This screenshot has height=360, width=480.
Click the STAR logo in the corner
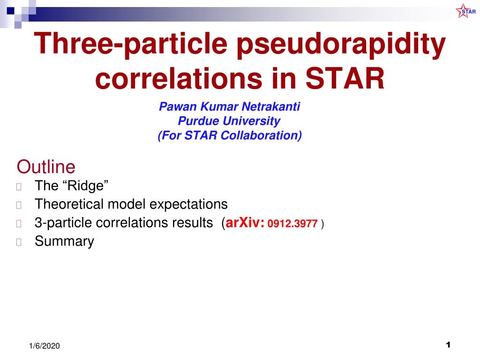coord(465,11)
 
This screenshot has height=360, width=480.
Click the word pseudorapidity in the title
coord(341,45)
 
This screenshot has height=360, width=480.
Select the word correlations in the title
coord(179,78)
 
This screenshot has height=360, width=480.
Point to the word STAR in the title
coord(345,78)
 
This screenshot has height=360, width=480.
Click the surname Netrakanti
coord(271,106)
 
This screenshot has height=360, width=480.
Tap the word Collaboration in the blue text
coord(261,135)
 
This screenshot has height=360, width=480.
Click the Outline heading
coord(46,167)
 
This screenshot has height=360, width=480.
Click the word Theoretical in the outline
coord(69,204)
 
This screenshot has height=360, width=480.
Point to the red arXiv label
coord(245,223)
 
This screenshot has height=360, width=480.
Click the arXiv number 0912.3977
coord(292,224)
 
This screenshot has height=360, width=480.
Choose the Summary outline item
coord(64,241)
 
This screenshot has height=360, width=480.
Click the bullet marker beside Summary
coord(19,242)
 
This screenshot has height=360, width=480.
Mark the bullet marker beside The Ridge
coord(19,187)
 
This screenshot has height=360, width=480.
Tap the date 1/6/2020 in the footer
coord(45,346)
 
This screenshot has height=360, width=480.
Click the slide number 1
coord(448,345)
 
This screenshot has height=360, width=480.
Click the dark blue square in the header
coord(11,11)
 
